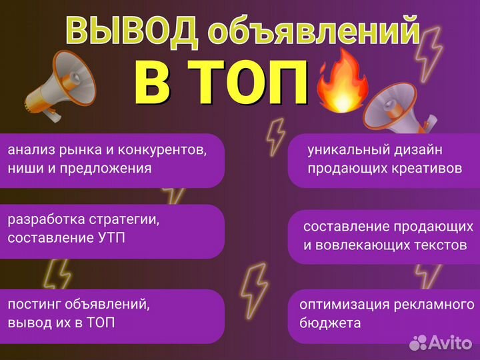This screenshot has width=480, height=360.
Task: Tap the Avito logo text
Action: pyautogui.click(x=450, y=342)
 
